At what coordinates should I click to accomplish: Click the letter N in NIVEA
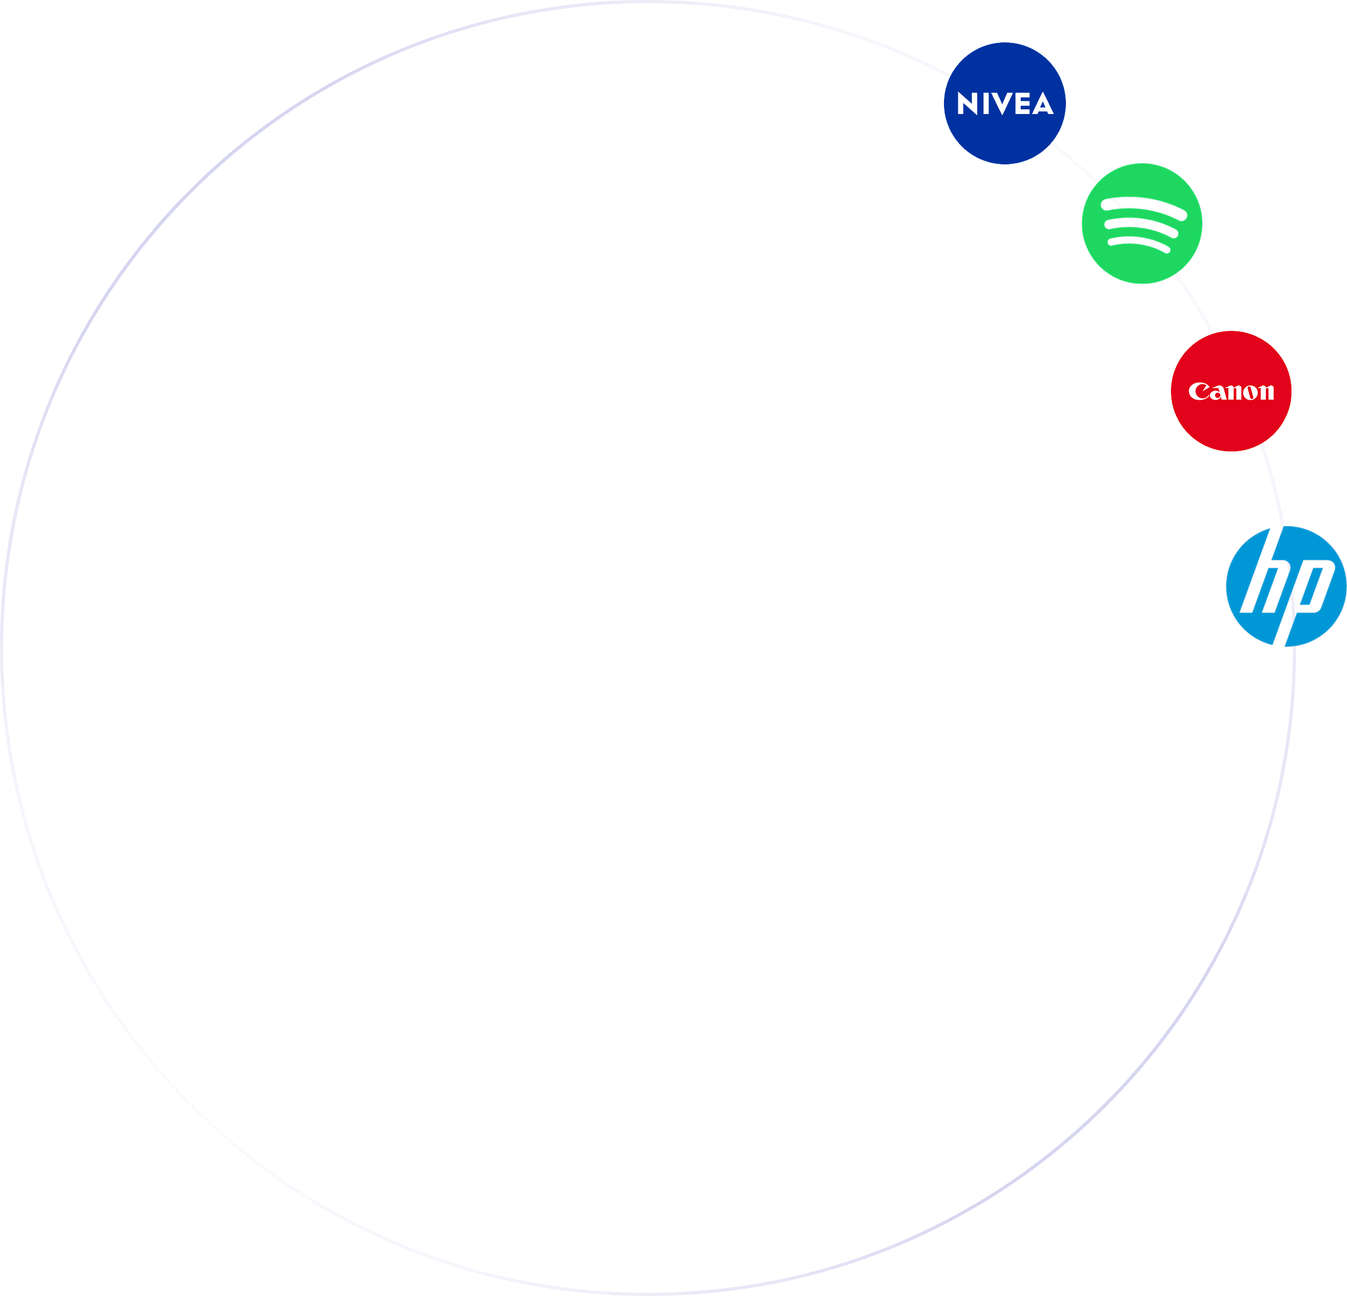[x=968, y=104]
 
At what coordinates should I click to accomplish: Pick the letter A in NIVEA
[x=1042, y=105]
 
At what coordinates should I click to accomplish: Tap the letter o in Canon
[x=1249, y=392]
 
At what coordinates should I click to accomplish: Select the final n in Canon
[x=1266, y=392]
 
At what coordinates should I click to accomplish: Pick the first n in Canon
[x=1232, y=392]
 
